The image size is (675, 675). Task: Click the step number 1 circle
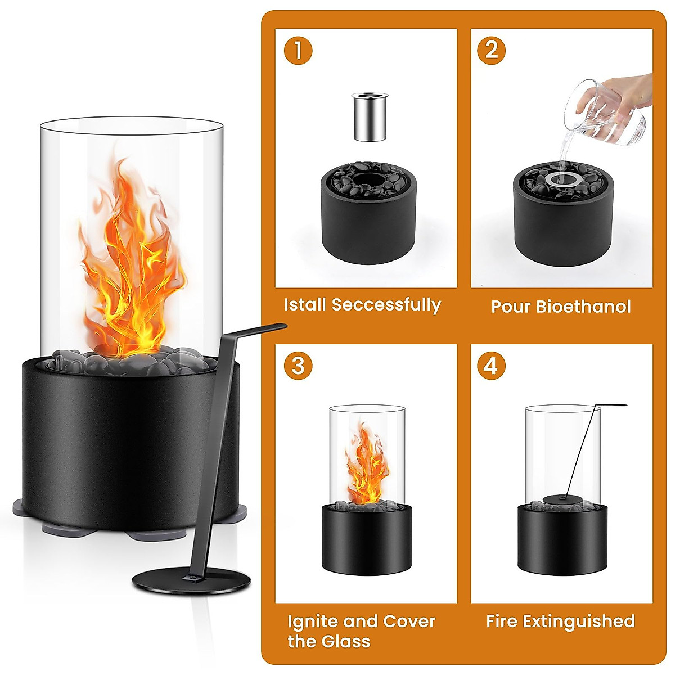298,50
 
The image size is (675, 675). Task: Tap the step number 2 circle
491,50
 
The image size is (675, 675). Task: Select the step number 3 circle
298,366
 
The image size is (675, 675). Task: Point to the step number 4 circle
491,366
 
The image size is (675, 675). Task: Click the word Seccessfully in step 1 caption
386,305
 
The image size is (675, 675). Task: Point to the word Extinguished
579,621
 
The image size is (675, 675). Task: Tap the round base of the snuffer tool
191,579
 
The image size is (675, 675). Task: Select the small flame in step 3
366,467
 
